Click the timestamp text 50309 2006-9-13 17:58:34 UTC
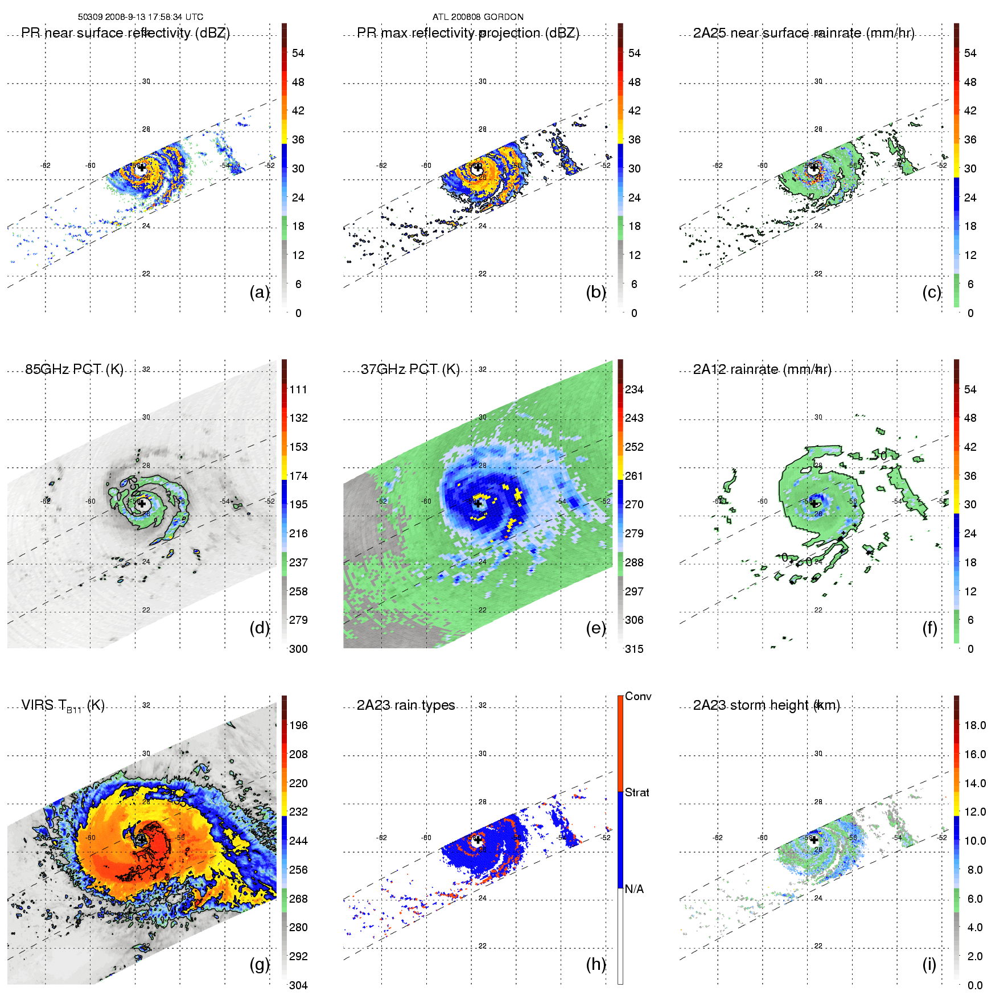[x=140, y=17]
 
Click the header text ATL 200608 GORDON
[x=478, y=17]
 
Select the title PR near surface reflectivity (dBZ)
[x=125, y=33]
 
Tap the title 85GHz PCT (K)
[x=74, y=369]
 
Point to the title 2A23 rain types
[x=406, y=705]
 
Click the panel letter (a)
[x=260, y=292]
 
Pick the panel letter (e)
[x=596, y=628]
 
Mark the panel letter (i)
[x=929, y=964]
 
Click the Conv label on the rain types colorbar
[x=638, y=696]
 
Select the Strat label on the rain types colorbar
[x=637, y=792]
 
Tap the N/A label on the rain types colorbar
[x=634, y=889]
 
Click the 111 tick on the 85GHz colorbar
[x=298, y=389]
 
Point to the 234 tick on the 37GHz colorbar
[x=634, y=389]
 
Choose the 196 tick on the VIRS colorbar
[x=298, y=725]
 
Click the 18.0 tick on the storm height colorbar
[x=975, y=725]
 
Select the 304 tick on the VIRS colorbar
[x=298, y=985]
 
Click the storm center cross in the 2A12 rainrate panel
[x=814, y=504]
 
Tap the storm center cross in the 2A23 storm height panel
[x=814, y=840]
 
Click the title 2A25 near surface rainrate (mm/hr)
[x=803, y=33]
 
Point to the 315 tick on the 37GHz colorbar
[x=634, y=649]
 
